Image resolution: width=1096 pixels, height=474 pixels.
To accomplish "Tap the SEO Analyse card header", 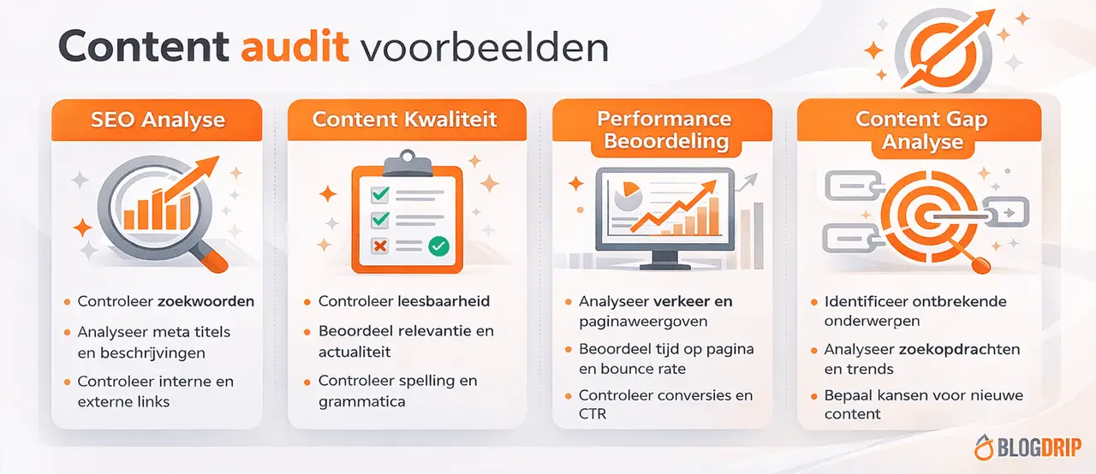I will click(157, 120).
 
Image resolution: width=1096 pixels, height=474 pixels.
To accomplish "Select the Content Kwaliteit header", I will click(404, 120).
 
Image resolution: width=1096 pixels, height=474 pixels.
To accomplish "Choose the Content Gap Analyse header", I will click(921, 130).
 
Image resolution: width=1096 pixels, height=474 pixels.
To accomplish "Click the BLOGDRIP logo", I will click(1027, 447).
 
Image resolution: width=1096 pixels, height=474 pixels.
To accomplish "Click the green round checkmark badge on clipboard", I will click(438, 246).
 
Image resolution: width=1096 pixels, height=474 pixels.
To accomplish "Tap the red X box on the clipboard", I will click(379, 246).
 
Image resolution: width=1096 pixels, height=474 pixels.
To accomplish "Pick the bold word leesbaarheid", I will click(444, 301).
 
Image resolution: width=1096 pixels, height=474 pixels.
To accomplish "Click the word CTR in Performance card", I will click(593, 414).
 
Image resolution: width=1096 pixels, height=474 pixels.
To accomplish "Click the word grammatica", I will click(362, 400).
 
